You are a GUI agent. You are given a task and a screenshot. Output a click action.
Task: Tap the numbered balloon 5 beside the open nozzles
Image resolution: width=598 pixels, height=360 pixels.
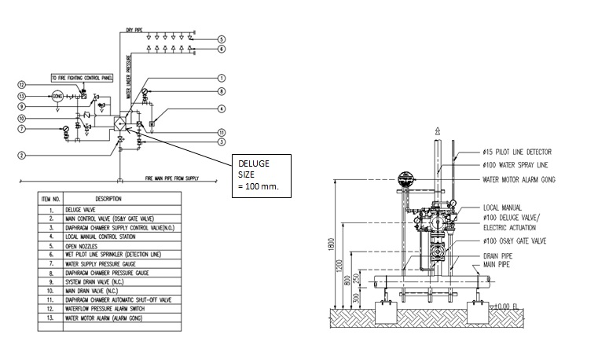pyautogui.click(x=222, y=39)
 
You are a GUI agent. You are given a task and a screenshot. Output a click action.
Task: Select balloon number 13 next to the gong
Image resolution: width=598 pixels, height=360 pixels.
pyautogui.click(x=23, y=96)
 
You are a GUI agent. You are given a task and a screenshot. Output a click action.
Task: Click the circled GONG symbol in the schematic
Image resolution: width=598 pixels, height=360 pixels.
pyautogui.click(x=57, y=97)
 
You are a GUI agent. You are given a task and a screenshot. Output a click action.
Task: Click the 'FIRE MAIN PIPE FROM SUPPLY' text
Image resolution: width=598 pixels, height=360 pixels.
pyautogui.click(x=174, y=178)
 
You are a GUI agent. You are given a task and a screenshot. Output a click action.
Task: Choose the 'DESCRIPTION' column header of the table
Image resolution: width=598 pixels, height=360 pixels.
pyautogui.click(x=108, y=199)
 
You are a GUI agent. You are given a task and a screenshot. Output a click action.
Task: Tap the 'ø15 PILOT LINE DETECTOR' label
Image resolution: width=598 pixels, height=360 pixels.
pyautogui.click(x=517, y=152)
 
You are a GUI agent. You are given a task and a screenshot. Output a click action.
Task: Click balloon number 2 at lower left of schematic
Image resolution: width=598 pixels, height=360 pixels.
pyautogui.click(x=23, y=155)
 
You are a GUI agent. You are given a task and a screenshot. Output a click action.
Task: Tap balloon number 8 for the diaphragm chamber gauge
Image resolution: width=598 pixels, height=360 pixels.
pyautogui.click(x=222, y=92)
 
